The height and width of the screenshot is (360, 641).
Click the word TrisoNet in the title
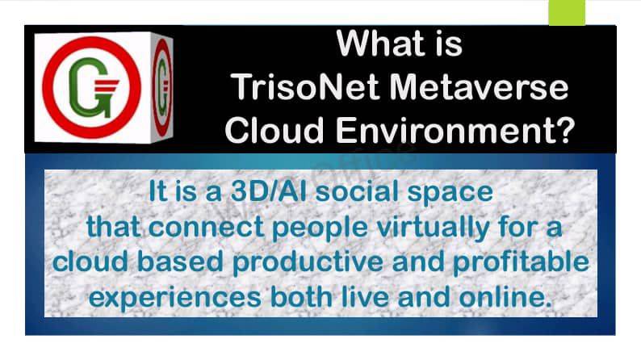tap(305, 86)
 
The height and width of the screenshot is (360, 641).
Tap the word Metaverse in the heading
tap(479, 86)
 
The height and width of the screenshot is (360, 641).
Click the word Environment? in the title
tap(456, 129)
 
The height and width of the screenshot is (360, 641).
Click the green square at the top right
tap(567, 12)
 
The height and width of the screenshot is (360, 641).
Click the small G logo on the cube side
tap(162, 87)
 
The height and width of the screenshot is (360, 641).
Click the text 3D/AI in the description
tap(269, 191)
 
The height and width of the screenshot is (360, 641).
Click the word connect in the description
tap(206, 227)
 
